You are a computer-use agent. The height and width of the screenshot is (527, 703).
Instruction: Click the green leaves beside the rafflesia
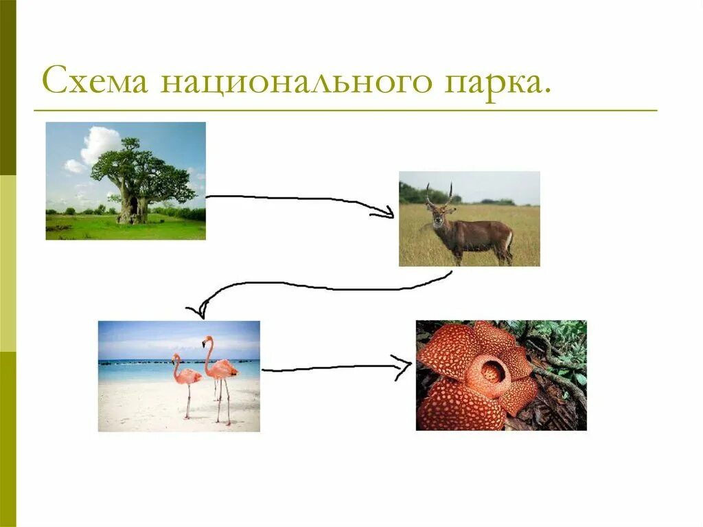pos(563,344)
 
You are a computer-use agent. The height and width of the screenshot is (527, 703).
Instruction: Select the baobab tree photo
pos(126,181)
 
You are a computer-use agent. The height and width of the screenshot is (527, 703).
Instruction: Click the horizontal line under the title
pos(343,111)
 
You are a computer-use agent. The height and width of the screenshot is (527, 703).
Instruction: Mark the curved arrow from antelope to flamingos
pos(323,285)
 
